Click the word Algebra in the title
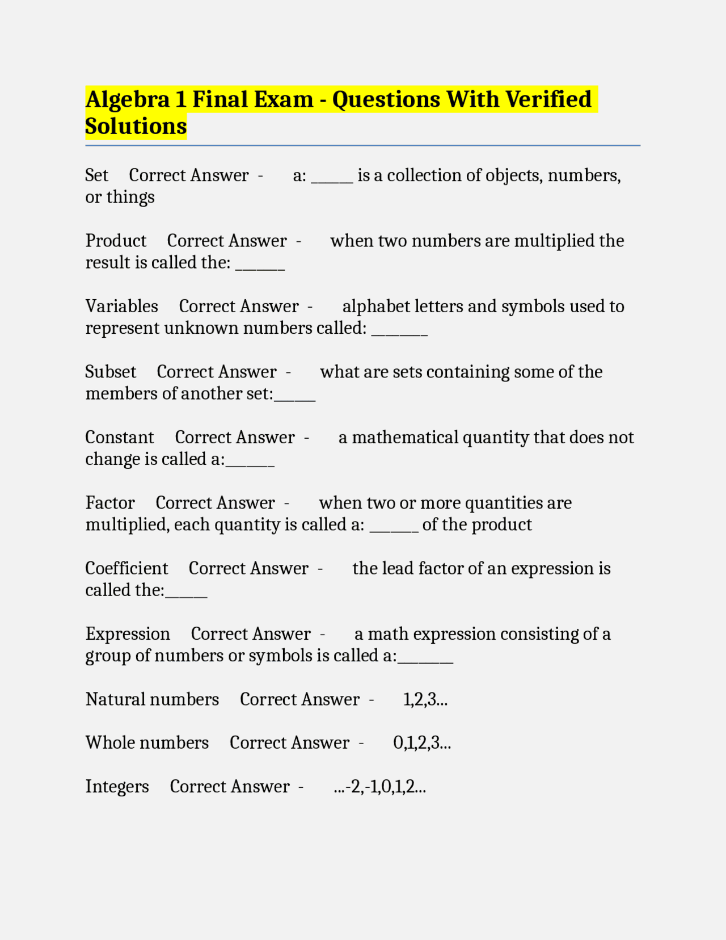[128, 100]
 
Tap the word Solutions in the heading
[136, 126]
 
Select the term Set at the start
[96, 175]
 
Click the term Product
[116, 241]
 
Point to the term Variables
[121, 307]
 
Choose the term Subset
[111, 372]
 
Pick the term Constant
[119, 438]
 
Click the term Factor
[110, 503]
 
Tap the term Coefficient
[126, 568]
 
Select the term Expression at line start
[128, 634]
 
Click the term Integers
[117, 787]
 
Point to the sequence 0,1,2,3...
[422, 743]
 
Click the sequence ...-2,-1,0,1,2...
[379, 787]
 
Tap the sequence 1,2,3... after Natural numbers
[425, 699]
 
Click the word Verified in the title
[548, 100]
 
